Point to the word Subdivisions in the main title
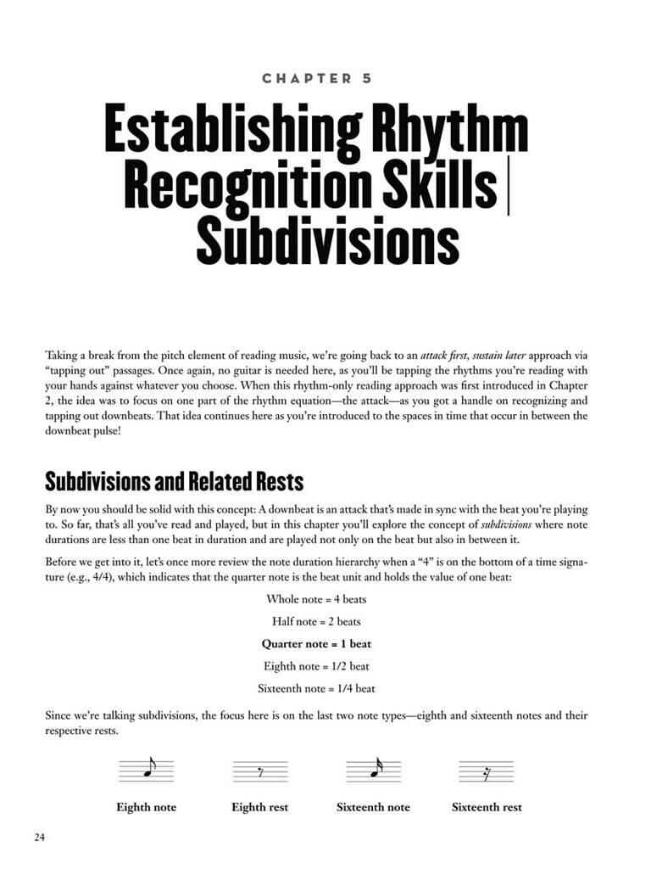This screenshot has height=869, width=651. pyautogui.click(x=327, y=240)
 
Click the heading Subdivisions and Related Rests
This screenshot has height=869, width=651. pyautogui.click(x=174, y=482)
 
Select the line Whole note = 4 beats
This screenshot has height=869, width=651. pyautogui.click(x=316, y=599)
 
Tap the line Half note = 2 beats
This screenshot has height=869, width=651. pyautogui.click(x=316, y=621)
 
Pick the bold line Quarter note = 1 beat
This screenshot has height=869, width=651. pyautogui.click(x=316, y=644)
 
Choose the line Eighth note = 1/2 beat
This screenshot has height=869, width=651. pyautogui.click(x=316, y=666)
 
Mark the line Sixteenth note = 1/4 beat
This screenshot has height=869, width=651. pyautogui.click(x=316, y=688)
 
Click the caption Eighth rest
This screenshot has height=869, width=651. pyautogui.click(x=260, y=807)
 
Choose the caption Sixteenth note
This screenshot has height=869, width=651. pyautogui.click(x=373, y=807)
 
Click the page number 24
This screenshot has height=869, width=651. pyautogui.click(x=40, y=838)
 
